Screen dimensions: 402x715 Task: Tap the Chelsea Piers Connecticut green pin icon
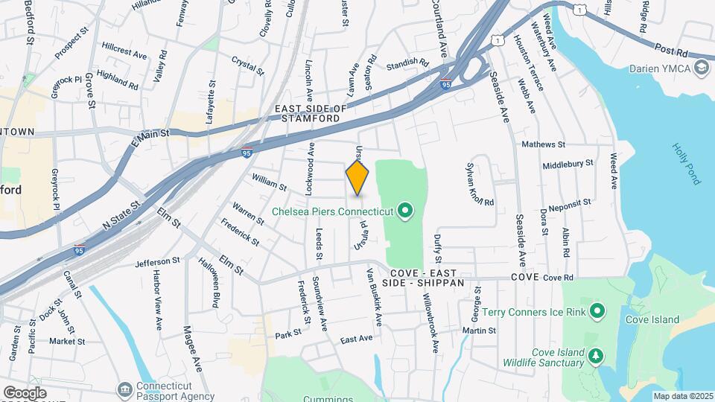[x=405, y=212]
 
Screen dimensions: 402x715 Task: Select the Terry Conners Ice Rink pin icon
[x=597, y=311]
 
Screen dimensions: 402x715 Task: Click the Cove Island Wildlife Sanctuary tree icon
[x=595, y=357]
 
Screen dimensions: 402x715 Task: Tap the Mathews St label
[x=543, y=144]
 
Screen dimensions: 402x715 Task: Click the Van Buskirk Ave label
[x=372, y=296]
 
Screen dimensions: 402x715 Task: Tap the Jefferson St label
[x=158, y=261]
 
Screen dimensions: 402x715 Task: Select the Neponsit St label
[x=569, y=202]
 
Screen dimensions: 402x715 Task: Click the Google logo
[x=25, y=392]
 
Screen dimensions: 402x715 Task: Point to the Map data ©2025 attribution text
[x=684, y=396]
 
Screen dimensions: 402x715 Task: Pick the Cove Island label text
[x=652, y=320]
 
